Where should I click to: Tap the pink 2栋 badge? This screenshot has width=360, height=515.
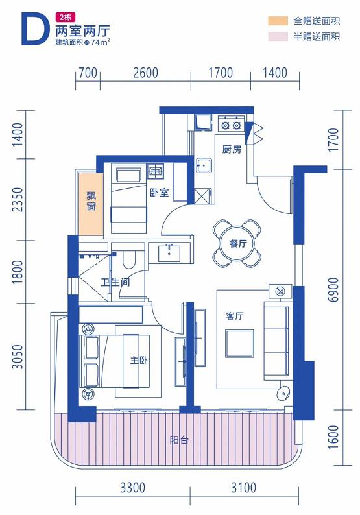[x=66, y=16]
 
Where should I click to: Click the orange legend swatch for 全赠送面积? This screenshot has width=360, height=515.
[x=278, y=21]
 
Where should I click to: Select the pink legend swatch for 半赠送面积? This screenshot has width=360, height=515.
[x=278, y=36]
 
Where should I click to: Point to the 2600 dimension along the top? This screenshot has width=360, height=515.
[x=145, y=73]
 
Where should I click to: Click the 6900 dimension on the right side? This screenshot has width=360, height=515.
[x=333, y=289]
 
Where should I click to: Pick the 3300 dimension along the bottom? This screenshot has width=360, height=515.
[x=133, y=487]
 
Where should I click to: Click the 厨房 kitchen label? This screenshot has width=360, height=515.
[x=232, y=149]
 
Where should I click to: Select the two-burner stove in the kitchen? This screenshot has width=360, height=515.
[x=231, y=125]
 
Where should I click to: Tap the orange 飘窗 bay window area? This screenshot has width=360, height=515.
[x=91, y=204]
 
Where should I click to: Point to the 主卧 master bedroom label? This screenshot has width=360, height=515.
[x=139, y=360]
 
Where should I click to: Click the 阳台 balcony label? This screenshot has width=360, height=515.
[x=179, y=440]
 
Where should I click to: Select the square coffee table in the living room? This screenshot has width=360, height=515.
[x=239, y=344]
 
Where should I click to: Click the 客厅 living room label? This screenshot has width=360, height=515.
[x=235, y=316]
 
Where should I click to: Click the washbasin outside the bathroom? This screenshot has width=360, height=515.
[x=169, y=252]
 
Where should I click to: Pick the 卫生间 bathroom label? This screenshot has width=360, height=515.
[x=115, y=281]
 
